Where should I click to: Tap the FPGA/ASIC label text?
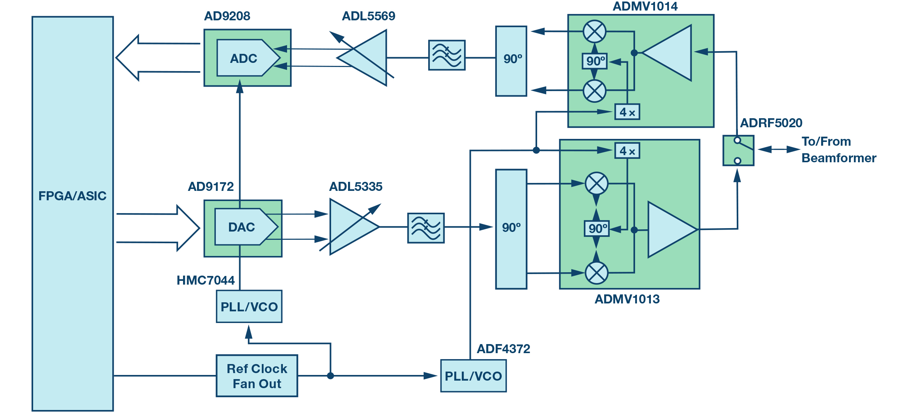(x=72, y=196)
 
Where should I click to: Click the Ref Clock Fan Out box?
(x=257, y=376)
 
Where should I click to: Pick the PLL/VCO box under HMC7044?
(x=249, y=306)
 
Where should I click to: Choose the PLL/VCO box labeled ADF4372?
(x=473, y=376)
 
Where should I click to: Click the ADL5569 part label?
(x=368, y=16)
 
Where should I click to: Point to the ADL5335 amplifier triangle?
(x=350, y=227)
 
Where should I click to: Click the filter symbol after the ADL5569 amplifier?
(x=447, y=55)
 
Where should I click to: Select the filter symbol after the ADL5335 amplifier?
(x=426, y=228)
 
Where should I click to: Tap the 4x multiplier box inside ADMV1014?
(x=627, y=112)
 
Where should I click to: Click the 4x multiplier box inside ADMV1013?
(x=627, y=151)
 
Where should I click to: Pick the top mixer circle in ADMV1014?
(x=594, y=31)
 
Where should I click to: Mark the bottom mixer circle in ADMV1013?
(x=597, y=273)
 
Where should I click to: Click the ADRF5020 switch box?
(x=738, y=151)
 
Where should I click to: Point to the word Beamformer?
(x=839, y=158)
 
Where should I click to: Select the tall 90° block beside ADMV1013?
(x=511, y=229)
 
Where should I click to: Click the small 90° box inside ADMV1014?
(x=595, y=61)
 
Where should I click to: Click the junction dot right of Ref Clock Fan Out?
(x=330, y=376)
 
